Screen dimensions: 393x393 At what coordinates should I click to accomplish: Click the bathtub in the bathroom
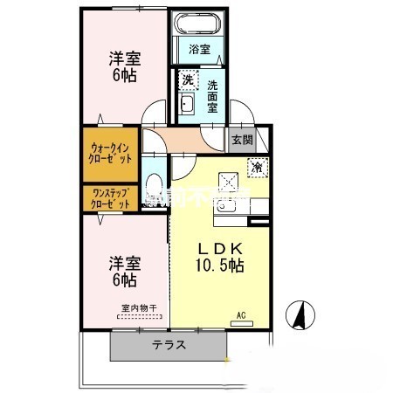pos(196,24)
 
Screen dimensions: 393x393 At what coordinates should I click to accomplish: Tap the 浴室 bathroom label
pos(200,49)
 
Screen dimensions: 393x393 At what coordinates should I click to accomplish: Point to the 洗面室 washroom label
pos(214,97)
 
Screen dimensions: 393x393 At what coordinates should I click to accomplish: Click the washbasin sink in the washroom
pos(186,106)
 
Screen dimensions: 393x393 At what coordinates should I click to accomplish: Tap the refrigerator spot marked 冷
pos(259,165)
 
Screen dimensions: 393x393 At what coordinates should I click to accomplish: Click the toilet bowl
pos(155,186)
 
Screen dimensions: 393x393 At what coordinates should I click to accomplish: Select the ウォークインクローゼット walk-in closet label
pos(111,154)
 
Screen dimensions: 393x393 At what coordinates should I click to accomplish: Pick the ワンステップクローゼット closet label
pos(111,197)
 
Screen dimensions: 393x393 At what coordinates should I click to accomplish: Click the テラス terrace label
pos(169,345)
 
